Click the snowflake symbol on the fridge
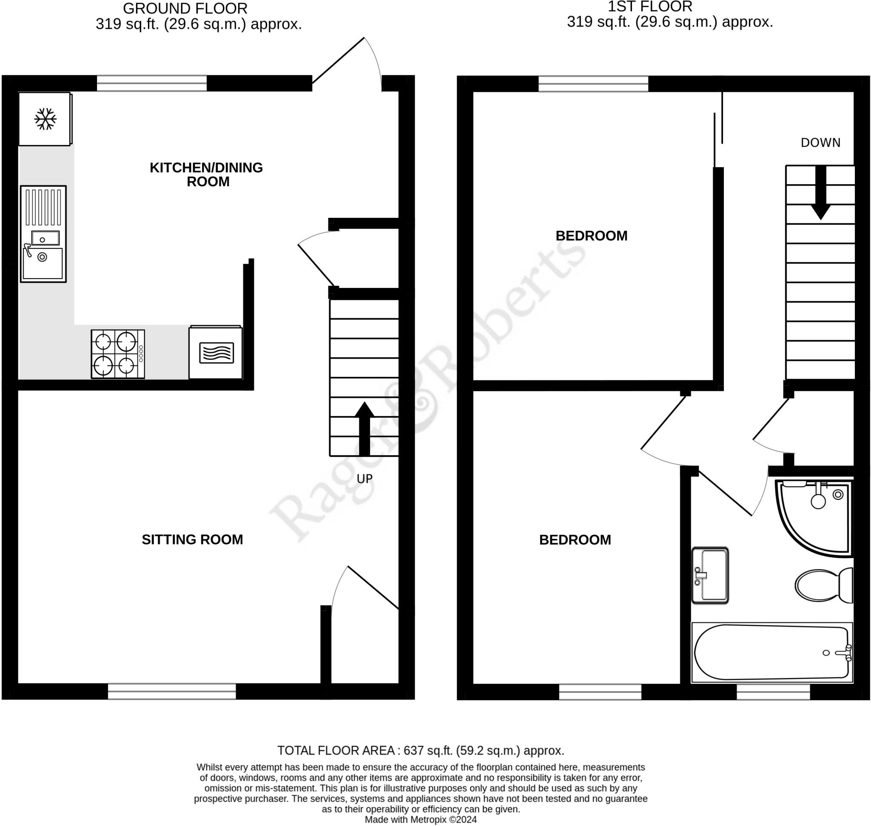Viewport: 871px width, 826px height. pos(46,119)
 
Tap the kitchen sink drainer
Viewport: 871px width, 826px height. pos(43,207)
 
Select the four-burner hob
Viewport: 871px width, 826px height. pos(117,354)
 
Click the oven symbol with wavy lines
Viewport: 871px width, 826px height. pos(216,353)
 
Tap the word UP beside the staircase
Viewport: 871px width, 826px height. pos(364,479)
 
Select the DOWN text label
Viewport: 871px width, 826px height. pos(820,142)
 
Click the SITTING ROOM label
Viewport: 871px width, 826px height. pos(192,539)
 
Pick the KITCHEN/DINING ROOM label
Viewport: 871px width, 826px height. pos(206,174)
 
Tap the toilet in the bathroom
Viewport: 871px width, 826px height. pos(823,585)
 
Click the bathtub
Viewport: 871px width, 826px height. pos(772,652)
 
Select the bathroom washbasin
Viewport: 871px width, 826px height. pos(710,575)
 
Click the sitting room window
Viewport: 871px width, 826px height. pos(172,691)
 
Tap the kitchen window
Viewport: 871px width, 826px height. pos(151,83)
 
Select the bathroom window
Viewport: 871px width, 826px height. pos(773,692)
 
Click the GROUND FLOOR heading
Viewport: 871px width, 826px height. pos(185,9)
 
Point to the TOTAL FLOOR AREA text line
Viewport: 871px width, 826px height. pos(421,751)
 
